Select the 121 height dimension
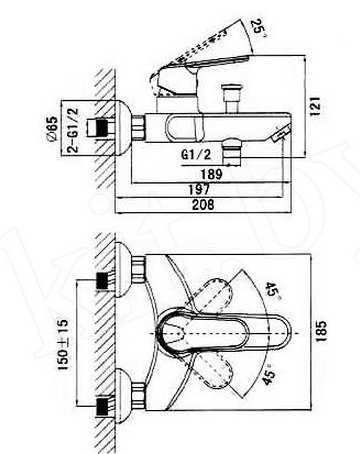(x=315, y=106)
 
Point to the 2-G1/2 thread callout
(x=72, y=130)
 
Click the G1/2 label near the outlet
(x=196, y=155)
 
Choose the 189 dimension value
(x=212, y=174)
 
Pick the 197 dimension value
(x=199, y=189)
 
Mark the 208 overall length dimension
(x=203, y=204)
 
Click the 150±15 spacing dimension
(x=62, y=344)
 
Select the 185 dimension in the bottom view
(x=321, y=331)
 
